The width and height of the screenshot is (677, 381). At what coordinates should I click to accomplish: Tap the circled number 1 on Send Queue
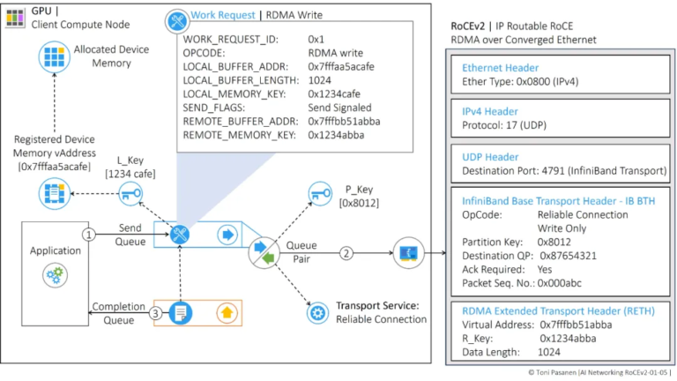pos(88,235)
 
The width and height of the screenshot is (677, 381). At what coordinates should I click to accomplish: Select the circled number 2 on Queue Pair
pos(346,253)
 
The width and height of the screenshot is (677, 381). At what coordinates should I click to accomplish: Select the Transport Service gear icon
pos(316,312)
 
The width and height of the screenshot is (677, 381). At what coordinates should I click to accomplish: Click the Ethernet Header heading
pos(500,68)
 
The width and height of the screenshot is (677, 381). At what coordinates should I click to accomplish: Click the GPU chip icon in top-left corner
pos(15,15)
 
